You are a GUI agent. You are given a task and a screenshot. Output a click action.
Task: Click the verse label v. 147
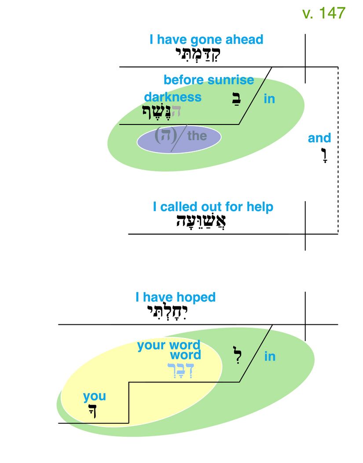(324, 13)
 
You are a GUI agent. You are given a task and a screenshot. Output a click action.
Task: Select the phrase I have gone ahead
(206, 40)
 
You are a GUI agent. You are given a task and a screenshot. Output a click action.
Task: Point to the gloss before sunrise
(209, 80)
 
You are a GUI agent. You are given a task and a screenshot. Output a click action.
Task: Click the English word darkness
(172, 97)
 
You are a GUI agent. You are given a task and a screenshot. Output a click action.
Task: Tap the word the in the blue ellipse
(197, 136)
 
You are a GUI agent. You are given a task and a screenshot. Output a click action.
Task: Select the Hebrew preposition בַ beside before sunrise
(235, 99)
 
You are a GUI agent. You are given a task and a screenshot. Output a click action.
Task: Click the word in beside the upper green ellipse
(269, 99)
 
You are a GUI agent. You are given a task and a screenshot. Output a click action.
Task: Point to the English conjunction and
(319, 138)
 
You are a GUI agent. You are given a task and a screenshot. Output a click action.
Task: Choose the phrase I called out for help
(213, 207)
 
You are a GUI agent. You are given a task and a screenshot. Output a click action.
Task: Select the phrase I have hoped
(175, 297)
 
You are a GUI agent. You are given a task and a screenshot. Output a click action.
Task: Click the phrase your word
(169, 345)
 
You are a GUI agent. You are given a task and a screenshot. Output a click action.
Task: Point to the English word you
(94, 397)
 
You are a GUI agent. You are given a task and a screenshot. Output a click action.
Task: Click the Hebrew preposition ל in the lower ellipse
(237, 355)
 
